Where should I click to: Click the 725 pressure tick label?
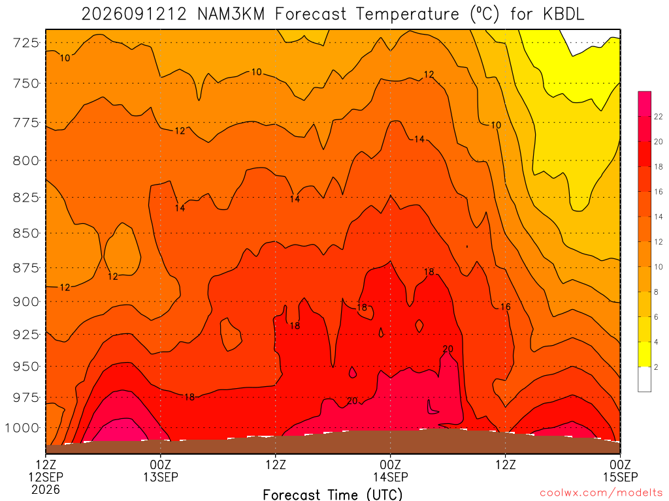coord(25,43)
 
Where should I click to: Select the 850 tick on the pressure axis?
coord(25,234)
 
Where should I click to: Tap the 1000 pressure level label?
coord(22,428)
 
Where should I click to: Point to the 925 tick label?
coord(25,335)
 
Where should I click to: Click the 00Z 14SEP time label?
coord(391,470)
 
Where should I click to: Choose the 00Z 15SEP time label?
coord(620,470)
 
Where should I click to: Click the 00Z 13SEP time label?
coord(161,470)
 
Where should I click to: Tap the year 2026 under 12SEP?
coord(46,490)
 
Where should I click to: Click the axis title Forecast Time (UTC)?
coord(333,494)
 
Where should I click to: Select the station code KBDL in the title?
coord(563,14)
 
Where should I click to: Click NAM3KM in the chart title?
coord(231,14)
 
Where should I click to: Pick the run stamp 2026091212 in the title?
coord(134,14)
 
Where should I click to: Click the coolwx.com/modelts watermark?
coord(601,493)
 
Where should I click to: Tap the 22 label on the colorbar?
coord(659,117)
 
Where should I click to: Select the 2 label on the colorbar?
coord(656,367)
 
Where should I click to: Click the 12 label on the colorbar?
coord(659,242)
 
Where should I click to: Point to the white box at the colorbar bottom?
coord(645,379)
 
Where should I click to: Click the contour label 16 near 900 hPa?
coord(505,307)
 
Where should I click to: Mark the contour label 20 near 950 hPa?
coord(448,349)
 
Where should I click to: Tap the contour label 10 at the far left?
coord(65,58)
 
